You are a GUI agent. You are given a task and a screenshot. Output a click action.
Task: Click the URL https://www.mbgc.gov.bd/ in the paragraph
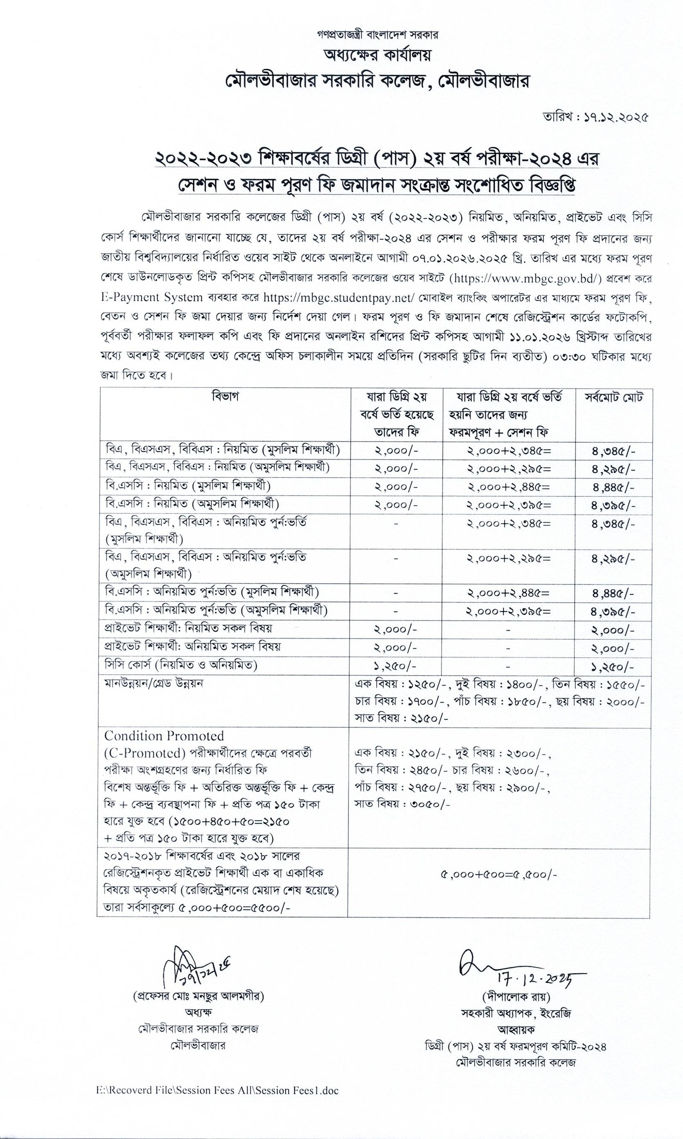pos(525,278)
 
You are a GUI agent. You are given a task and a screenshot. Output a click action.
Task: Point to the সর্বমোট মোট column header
pos(613,397)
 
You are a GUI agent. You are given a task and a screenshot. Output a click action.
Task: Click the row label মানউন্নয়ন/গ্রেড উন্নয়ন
pos(154,683)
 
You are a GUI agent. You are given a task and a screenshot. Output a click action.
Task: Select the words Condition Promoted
pos(164,736)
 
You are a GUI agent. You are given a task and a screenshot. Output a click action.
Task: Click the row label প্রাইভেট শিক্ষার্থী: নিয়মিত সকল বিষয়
pos(189,628)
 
